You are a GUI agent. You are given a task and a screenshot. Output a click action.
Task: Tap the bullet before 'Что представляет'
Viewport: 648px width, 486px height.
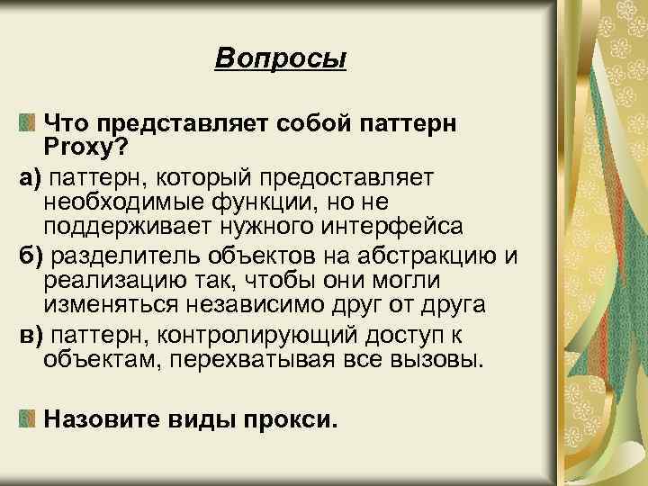[28, 121]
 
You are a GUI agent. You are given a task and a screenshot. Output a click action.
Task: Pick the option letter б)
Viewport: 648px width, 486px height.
[31, 256]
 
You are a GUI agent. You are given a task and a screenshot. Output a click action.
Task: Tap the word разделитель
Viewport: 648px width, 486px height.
[121, 256]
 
